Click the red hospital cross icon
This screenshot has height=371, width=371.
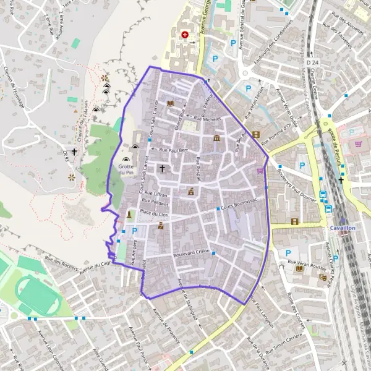pos(184,35)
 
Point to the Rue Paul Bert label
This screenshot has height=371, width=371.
pos(174,150)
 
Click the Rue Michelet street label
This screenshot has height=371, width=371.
pos(207,117)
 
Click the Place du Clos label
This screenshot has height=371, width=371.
pos(154,213)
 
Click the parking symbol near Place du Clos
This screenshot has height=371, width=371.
pos(134,231)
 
